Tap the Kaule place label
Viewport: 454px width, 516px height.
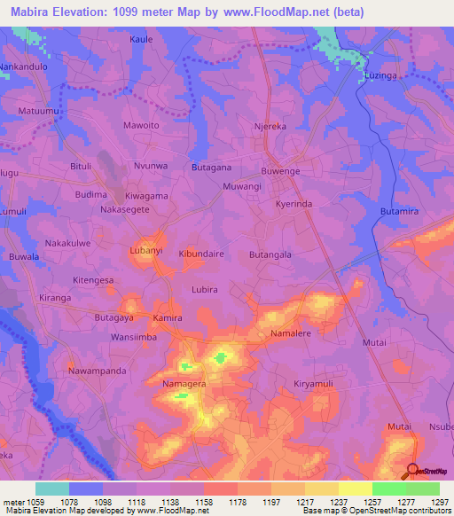pos(142,40)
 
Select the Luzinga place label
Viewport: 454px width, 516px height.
pos(382,77)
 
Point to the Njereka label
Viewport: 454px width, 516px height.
pos(272,126)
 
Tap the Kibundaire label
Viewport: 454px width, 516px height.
pos(201,254)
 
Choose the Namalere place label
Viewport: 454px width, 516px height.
pos(291,333)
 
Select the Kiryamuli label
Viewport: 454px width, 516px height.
pos(317,384)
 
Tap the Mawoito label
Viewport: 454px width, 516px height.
pos(141,126)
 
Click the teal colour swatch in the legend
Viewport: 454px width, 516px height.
pos(52,489)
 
